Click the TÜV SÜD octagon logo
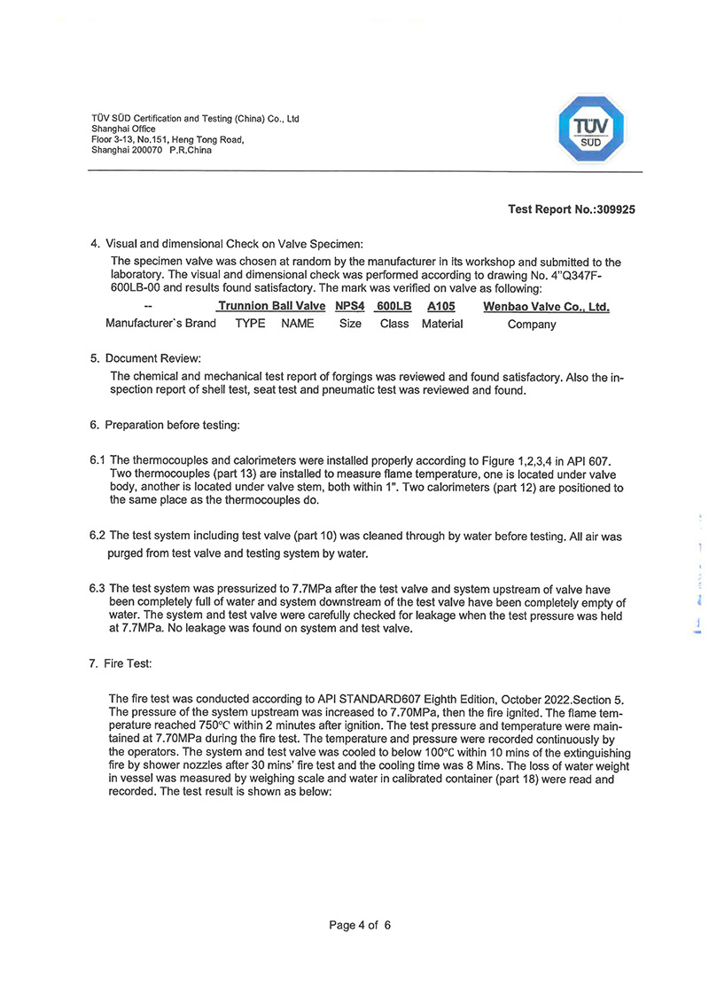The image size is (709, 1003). pyautogui.click(x=594, y=130)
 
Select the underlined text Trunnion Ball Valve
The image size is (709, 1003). pyautogui.click(x=271, y=307)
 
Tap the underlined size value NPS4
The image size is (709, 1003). pyautogui.click(x=350, y=307)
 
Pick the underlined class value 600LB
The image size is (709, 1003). pyautogui.click(x=393, y=307)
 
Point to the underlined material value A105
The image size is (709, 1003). pyautogui.click(x=440, y=307)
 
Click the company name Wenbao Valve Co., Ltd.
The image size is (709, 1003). pyautogui.click(x=546, y=307)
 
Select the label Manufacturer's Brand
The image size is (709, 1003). pyautogui.click(x=160, y=324)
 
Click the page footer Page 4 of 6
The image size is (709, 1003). pyautogui.click(x=360, y=925)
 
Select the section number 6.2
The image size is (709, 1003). pyautogui.click(x=97, y=537)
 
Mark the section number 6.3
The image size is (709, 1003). pyautogui.click(x=97, y=589)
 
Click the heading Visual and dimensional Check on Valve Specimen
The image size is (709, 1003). pyautogui.click(x=235, y=243)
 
